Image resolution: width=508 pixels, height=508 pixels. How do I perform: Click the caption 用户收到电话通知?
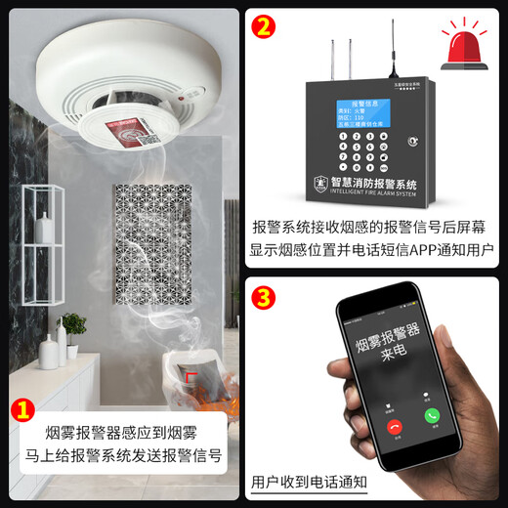tap(309, 482)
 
